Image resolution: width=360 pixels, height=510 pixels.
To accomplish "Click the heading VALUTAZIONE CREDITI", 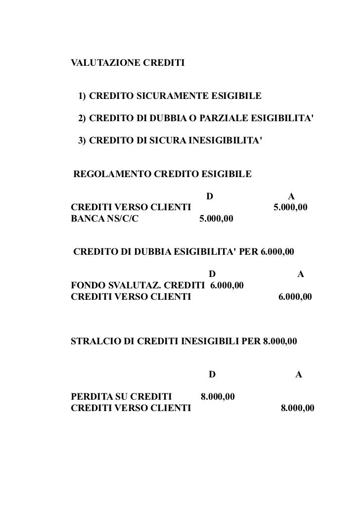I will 128,64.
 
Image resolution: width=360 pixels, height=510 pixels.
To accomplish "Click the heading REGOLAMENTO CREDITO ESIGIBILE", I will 162,174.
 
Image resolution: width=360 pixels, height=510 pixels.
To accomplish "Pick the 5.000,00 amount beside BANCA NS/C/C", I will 216,218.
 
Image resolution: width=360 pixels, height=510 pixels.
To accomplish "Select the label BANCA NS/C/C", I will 104,218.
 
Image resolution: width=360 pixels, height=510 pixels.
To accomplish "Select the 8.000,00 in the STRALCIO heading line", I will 280,341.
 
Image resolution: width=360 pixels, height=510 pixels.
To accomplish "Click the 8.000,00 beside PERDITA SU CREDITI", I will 218,397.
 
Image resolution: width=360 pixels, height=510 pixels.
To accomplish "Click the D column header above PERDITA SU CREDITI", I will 212,374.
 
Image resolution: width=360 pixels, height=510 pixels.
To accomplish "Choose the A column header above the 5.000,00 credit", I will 291,196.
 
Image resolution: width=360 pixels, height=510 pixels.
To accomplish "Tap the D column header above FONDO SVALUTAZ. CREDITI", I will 212,274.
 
